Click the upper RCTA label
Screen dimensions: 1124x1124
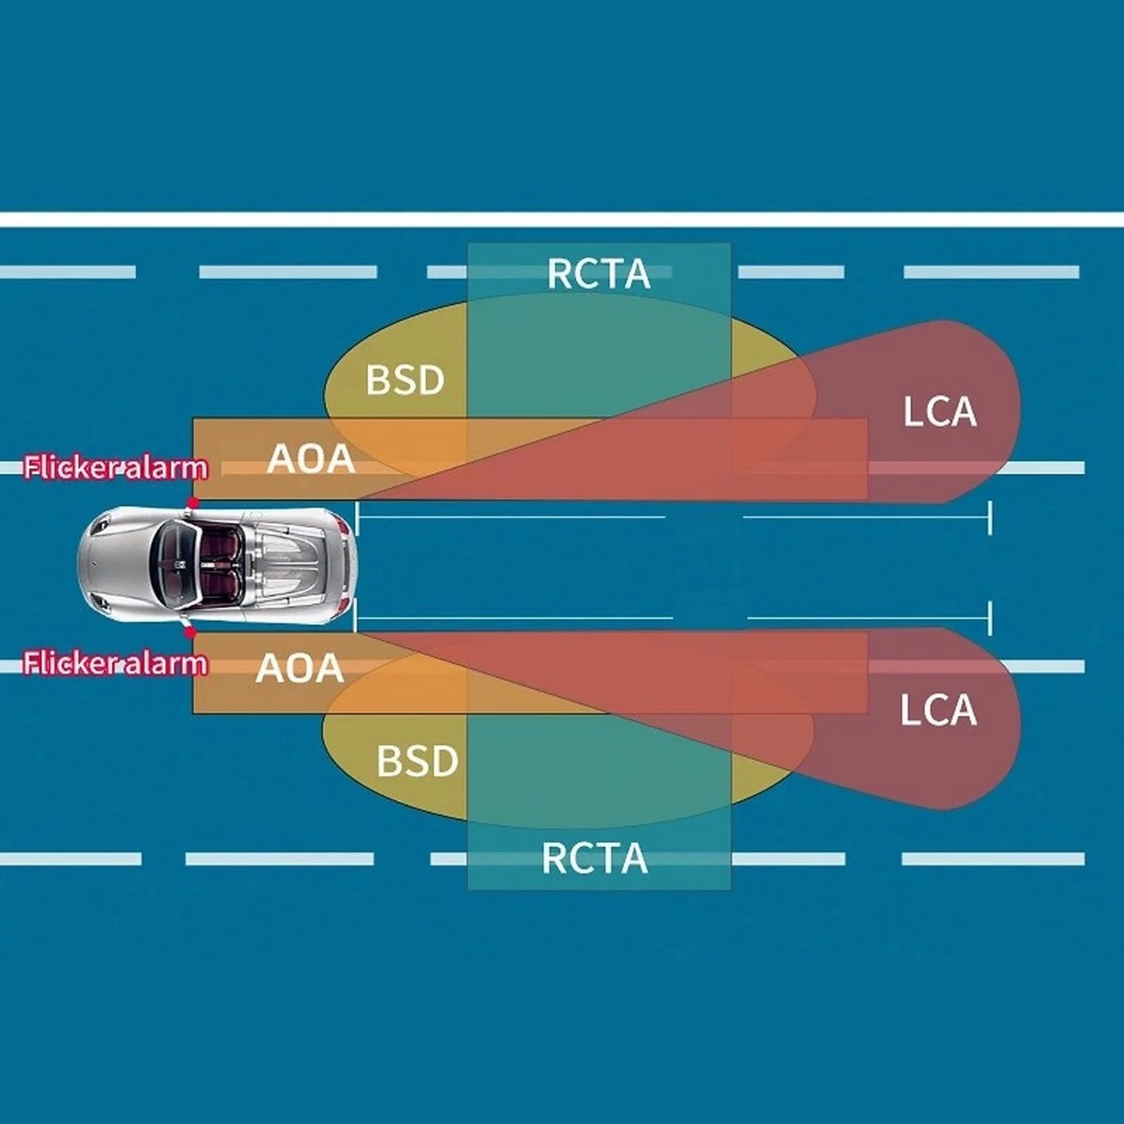599,274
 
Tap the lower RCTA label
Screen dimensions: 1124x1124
594,858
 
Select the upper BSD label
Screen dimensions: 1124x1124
405,380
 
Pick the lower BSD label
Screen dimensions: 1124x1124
417,761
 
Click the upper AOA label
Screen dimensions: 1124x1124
311,459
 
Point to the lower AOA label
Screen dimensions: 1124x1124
300,668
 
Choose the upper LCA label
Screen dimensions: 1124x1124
939,412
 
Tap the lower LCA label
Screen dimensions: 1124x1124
938,710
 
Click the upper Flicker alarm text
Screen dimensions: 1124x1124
116,468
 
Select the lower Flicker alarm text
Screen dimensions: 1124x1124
116,663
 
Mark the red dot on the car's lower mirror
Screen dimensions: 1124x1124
190,632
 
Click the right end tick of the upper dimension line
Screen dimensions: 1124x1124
991,518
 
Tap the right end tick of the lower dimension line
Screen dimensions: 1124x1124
991,619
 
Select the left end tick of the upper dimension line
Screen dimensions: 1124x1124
358,518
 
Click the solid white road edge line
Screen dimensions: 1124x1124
562,219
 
